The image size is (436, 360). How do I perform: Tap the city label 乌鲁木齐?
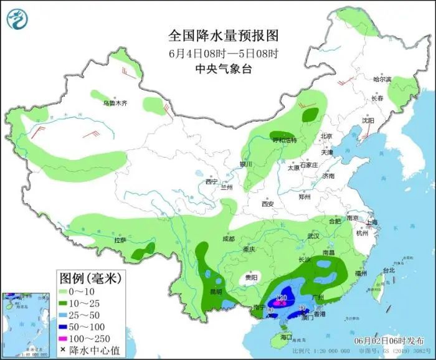pyautogui.click(x=114, y=103)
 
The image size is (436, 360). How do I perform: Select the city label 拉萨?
pyautogui.click(x=120, y=240)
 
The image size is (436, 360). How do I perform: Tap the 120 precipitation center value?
pyautogui.click(x=281, y=298)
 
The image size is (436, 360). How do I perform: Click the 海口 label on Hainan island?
pyautogui.click(x=287, y=336)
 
